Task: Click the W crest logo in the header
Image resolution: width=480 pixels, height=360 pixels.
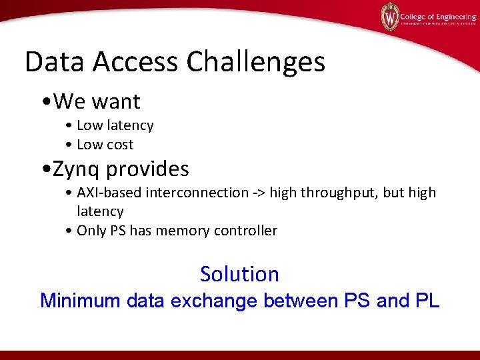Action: tap(390, 16)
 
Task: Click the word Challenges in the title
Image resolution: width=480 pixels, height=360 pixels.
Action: tap(256, 63)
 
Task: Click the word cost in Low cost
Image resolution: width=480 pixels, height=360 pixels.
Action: tap(119, 145)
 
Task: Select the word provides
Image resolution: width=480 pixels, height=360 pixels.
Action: tap(147, 169)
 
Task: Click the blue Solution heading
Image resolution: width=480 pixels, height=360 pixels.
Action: tap(239, 274)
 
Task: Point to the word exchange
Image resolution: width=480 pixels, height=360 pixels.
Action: tap(214, 301)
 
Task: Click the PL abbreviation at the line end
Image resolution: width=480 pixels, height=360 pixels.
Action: tap(427, 301)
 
